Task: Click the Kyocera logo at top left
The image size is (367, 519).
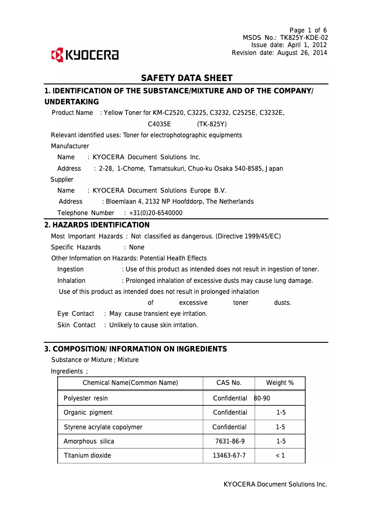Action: click(85, 55)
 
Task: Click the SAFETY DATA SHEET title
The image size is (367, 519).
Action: click(187, 78)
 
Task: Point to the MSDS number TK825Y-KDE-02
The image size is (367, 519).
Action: click(303, 38)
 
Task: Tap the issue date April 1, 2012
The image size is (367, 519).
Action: click(307, 45)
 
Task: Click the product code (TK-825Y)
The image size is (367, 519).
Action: click(212, 124)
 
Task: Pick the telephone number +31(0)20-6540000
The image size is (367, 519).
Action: click(156, 213)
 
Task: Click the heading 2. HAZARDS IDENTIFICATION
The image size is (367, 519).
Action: click(97, 225)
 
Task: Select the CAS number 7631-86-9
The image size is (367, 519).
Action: click(230, 441)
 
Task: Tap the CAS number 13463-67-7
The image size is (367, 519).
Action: click(229, 455)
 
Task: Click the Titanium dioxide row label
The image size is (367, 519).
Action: click(87, 455)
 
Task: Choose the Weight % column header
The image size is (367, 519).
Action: click(280, 383)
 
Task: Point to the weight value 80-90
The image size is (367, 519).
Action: click(262, 398)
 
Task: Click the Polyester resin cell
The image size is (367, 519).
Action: click(86, 398)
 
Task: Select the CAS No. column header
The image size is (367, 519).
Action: click(229, 383)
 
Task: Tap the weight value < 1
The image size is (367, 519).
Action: click(280, 455)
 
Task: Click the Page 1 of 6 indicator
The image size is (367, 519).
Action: click(308, 30)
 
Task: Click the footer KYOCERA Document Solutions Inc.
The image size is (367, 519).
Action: click(275, 484)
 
